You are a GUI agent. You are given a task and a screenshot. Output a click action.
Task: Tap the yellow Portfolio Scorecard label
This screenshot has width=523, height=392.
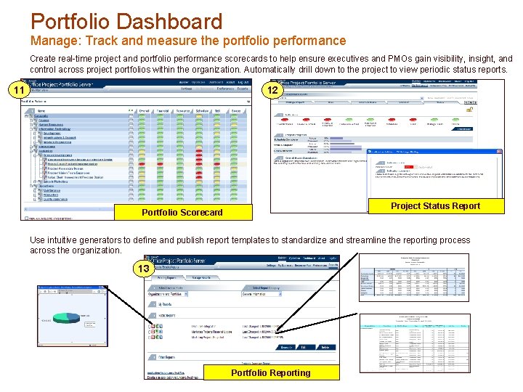(182, 212)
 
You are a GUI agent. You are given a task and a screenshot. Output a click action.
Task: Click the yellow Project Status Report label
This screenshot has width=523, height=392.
(435, 206)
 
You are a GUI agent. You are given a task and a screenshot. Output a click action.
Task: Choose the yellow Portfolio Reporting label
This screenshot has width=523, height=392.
(270, 373)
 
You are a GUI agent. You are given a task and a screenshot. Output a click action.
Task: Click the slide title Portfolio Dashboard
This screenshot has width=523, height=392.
(126, 22)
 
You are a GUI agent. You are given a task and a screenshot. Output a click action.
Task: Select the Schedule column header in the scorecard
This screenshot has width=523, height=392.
(201, 111)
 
